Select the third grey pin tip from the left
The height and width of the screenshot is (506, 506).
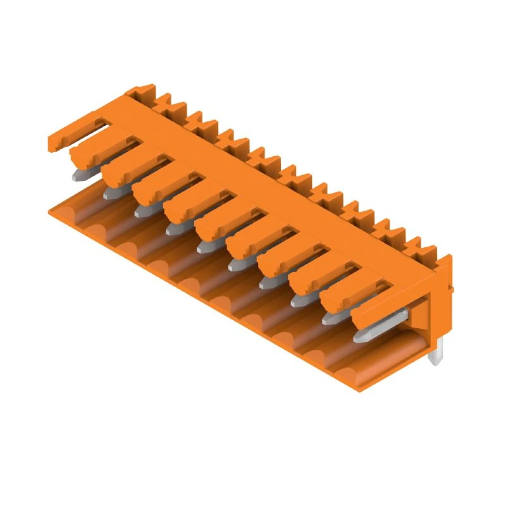143,210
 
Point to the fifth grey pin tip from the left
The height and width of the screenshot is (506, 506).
204,246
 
